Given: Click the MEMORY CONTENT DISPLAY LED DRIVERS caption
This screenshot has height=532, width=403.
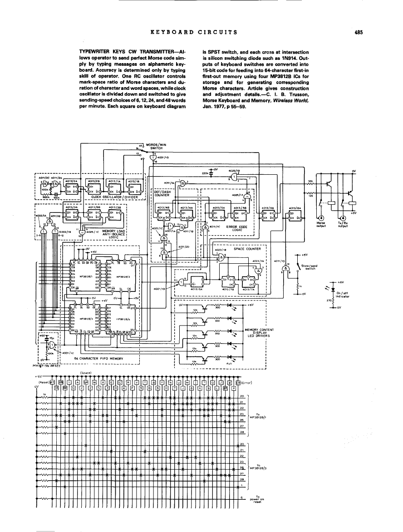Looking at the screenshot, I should [x=257, y=333].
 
